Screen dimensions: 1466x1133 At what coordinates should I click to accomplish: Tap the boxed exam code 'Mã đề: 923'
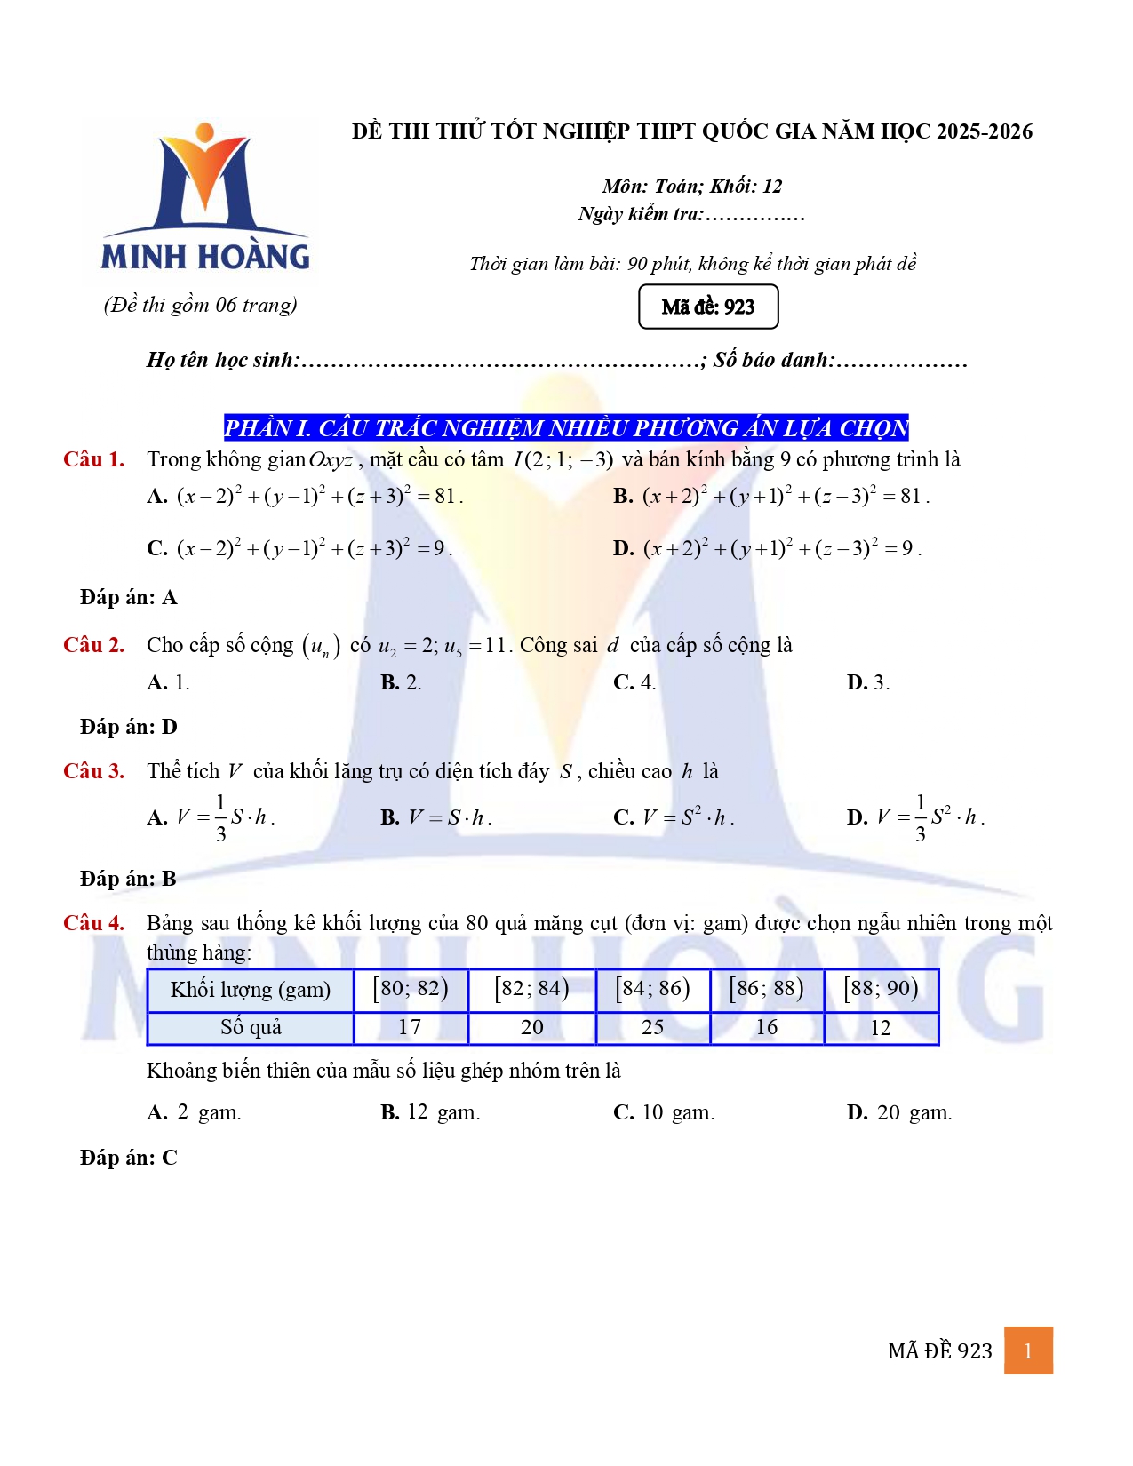click(708, 307)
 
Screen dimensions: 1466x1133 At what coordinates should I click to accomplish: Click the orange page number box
click(1028, 1350)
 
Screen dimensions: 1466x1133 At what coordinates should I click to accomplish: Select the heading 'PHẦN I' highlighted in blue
click(566, 428)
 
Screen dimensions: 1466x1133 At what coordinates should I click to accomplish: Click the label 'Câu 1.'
click(94, 459)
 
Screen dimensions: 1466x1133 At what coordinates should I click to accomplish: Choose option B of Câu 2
click(401, 682)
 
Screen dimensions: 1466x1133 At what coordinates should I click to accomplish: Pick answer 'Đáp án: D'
click(129, 727)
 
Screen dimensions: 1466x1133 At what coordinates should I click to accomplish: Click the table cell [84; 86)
click(653, 989)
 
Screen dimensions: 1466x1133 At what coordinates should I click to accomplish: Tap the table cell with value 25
click(653, 1027)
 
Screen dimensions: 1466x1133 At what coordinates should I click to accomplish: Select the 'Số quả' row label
click(251, 1027)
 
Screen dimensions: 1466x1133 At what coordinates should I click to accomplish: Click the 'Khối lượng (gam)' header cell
click(251, 989)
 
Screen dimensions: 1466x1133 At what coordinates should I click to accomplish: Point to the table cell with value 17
click(410, 1027)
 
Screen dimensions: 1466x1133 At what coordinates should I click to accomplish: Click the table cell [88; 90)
click(881, 989)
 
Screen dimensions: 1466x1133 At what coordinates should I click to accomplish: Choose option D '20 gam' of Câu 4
click(899, 1112)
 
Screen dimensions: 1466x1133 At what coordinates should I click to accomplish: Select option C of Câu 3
click(674, 817)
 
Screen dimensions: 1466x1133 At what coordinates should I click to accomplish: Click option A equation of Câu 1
click(306, 496)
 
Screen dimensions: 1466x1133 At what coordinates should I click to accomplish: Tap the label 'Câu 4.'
click(94, 923)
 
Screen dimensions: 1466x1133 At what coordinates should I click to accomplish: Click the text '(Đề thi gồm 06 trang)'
click(201, 305)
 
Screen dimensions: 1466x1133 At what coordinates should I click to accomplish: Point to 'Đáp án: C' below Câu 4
click(129, 1158)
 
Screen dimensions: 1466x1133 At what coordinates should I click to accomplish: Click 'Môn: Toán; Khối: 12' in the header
click(692, 186)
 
